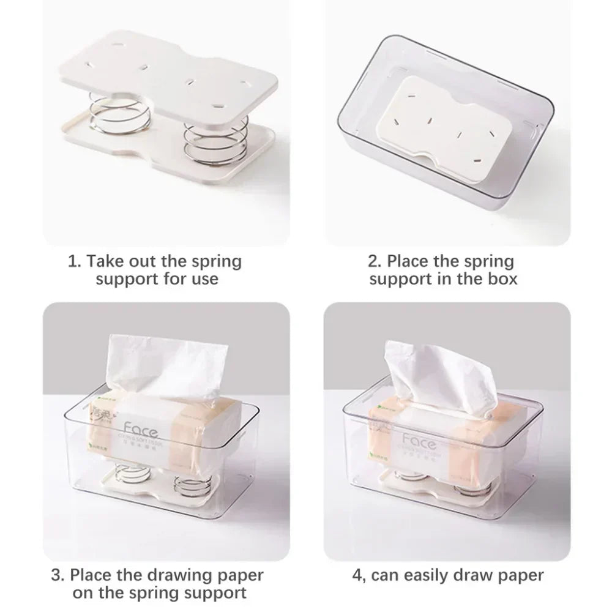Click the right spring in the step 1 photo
(x=205, y=147)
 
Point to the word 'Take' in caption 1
(x=106, y=262)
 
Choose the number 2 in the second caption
(x=373, y=262)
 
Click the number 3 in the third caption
(x=56, y=575)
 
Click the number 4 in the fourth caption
(x=356, y=575)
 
